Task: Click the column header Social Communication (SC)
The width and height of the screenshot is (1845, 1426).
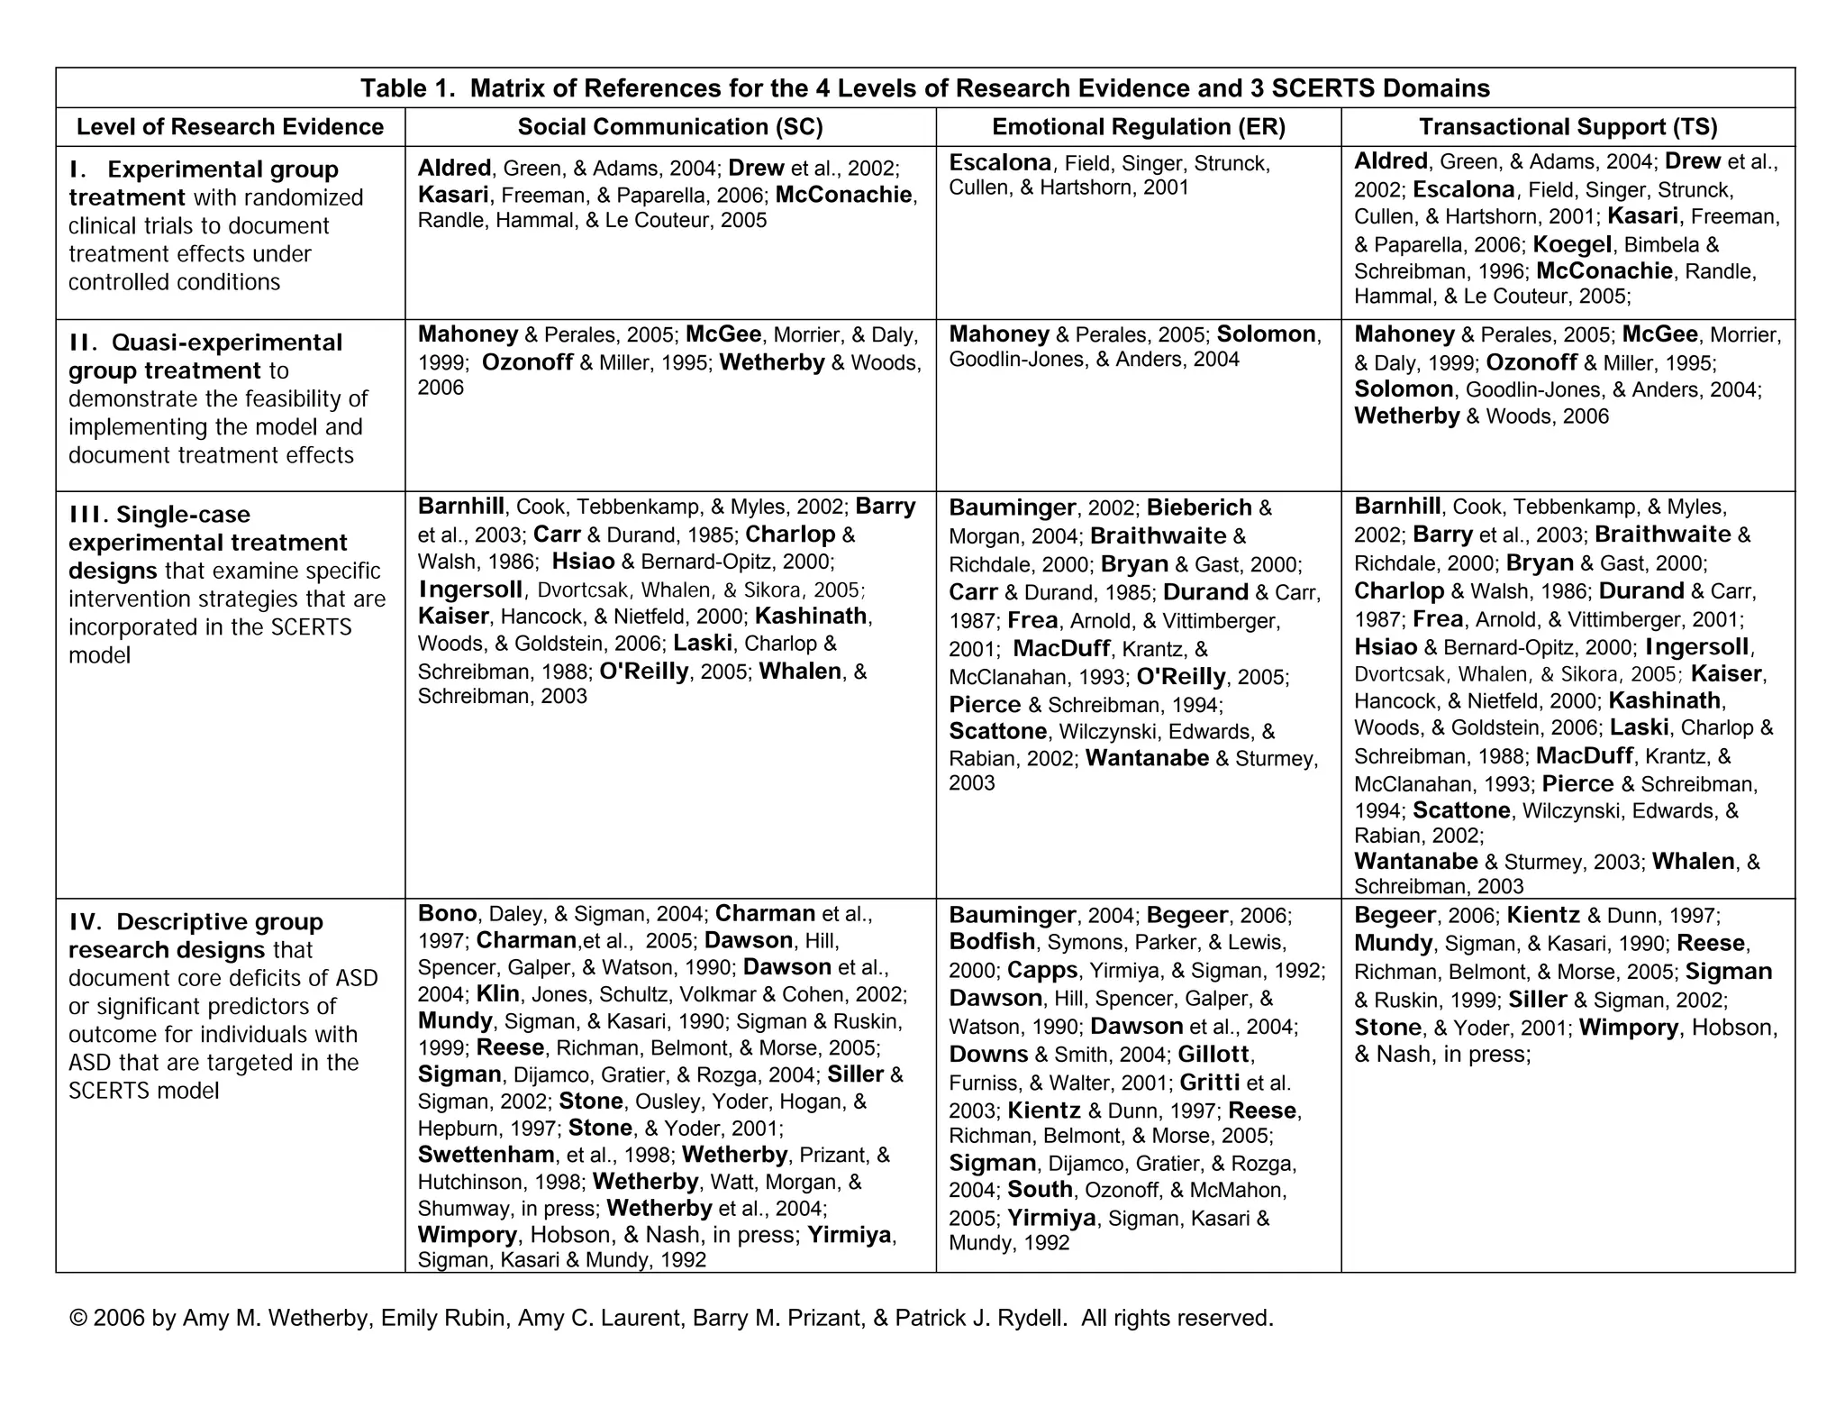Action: click(670, 127)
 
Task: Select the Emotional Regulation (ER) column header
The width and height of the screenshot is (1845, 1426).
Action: click(1139, 127)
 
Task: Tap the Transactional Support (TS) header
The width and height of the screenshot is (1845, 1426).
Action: click(1568, 127)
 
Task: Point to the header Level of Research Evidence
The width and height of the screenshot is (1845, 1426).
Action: click(230, 127)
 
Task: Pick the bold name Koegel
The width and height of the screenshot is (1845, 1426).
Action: click(1571, 244)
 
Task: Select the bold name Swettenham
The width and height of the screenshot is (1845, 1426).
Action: click(486, 1155)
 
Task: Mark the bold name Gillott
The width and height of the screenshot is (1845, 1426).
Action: click(1213, 1054)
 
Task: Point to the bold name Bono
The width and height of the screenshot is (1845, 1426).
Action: click(447, 913)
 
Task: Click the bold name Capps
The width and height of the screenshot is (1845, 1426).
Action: click(1042, 970)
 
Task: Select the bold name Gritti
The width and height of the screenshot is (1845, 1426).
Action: click(1210, 1082)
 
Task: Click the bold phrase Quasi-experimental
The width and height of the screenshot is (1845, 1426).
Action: click(227, 343)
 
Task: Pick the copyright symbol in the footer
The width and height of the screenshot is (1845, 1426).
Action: click(77, 1318)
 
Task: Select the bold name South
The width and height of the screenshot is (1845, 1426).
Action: click(1040, 1190)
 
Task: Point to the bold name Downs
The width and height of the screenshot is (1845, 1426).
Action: click(988, 1054)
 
